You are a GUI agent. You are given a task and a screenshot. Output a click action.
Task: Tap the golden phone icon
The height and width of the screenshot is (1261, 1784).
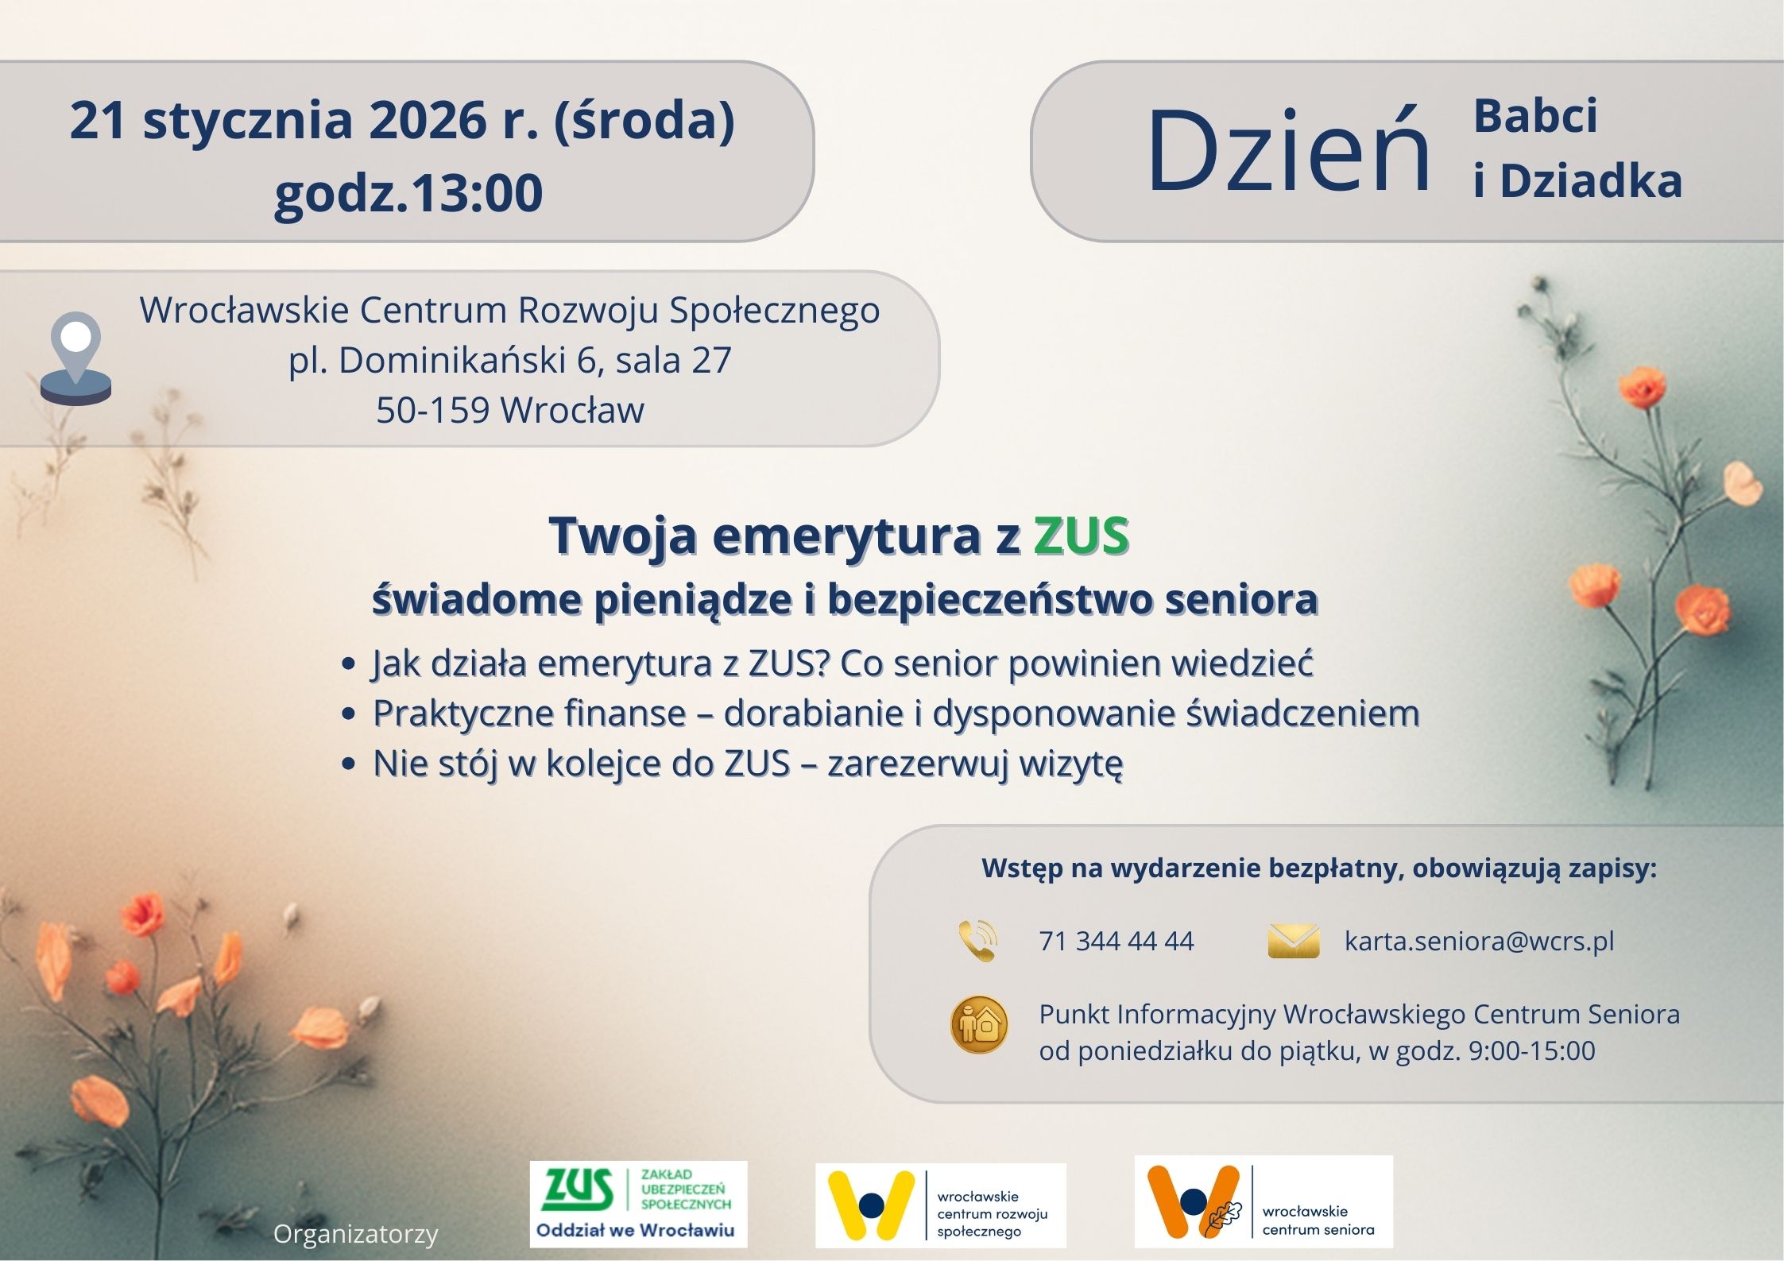click(x=978, y=941)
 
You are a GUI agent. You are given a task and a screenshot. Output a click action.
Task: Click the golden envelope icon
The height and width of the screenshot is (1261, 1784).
click(x=1294, y=941)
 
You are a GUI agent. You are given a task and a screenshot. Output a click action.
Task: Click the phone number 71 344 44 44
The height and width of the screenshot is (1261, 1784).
click(x=1116, y=941)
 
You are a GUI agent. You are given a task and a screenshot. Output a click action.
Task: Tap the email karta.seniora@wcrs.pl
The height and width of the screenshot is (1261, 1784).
click(x=1479, y=941)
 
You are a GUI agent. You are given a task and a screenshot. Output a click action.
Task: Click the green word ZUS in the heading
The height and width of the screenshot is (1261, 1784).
click(x=1081, y=536)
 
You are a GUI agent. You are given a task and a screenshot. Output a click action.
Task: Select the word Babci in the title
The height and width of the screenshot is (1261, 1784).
click(x=1535, y=116)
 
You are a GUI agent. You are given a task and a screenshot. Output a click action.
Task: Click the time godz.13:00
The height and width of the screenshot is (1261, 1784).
click(x=408, y=193)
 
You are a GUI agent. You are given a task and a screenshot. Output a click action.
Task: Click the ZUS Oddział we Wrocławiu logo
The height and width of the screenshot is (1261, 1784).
click(x=639, y=1205)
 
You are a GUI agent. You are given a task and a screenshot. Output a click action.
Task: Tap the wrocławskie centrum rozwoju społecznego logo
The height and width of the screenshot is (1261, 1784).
click(x=941, y=1205)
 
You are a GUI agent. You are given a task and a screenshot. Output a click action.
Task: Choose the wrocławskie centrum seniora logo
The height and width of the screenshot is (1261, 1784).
click(x=1264, y=1201)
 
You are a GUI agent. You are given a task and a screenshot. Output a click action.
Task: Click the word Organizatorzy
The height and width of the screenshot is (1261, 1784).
click(x=356, y=1234)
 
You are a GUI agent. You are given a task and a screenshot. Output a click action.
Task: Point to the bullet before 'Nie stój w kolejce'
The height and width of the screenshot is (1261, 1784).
click(x=347, y=764)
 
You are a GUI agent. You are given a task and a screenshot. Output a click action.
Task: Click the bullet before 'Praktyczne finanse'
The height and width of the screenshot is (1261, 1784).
click(x=347, y=714)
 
